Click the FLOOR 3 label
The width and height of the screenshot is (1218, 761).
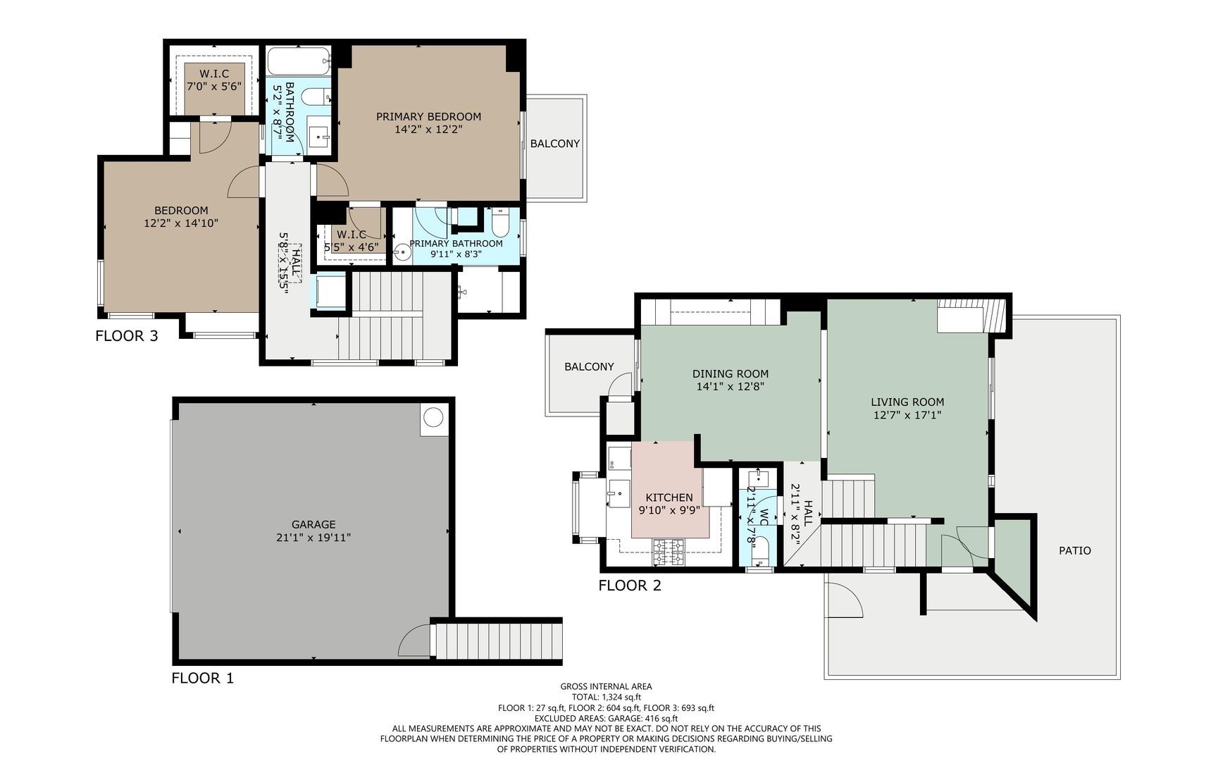pos(127,335)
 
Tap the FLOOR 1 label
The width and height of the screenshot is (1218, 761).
pos(203,678)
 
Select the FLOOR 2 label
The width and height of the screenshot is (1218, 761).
pos(630,585)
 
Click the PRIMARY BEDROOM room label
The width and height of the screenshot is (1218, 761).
pos(428,117)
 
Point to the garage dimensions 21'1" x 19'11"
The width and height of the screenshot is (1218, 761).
pos(313,537)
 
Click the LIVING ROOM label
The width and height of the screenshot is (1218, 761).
pos(907,402)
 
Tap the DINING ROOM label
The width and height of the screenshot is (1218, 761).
pos(731,373)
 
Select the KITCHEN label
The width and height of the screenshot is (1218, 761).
pos(669,497)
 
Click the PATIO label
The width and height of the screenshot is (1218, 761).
pos(1075,550)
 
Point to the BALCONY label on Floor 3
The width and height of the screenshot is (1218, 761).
pos(555,143)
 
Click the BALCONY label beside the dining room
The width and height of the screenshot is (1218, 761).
pos(589,366)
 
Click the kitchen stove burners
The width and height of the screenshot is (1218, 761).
pos(669,552)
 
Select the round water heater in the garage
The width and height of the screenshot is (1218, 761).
pos(433,419)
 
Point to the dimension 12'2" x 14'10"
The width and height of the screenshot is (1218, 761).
pos(181,223)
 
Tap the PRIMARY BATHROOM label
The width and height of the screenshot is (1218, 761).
pos(456,244)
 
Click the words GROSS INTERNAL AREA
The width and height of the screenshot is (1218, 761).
pos(606,686)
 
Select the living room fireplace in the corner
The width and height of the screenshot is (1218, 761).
pos(969,315)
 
